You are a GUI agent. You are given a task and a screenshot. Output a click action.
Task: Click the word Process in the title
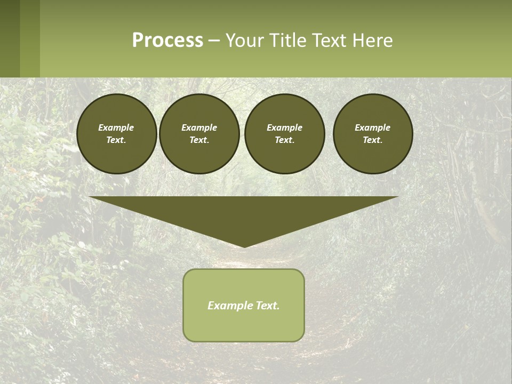tap(167, 41)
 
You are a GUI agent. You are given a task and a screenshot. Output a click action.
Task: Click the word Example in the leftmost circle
tap(116, 127)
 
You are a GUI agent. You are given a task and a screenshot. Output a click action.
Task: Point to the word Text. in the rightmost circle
tap(373, 140)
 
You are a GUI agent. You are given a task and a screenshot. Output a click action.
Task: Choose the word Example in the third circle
tap(285, 127)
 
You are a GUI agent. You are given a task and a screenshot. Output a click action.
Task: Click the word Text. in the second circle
tap(199, 140)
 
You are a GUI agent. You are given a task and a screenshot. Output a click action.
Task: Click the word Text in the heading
tap(329, 41)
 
